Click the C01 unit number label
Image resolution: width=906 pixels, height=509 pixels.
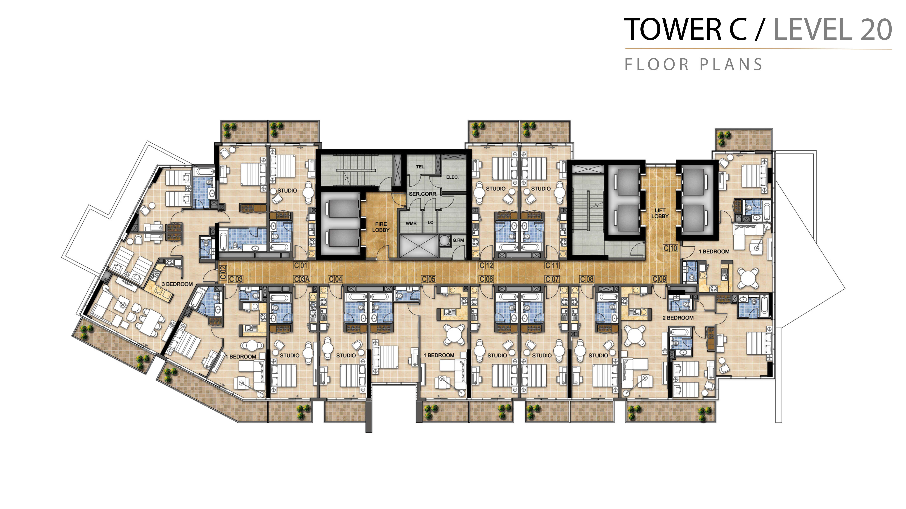pyautogui.click(x=301, y=266)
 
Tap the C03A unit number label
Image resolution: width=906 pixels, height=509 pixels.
pyautogui.click(x=301, y=279)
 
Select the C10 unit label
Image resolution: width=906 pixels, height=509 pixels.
pyautogui.click(x=670, y=248)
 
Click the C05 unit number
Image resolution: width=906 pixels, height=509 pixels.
pyautogui.click(x=428, y=279)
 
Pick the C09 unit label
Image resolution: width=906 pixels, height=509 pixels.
pyautogui.click(x=659, y=279)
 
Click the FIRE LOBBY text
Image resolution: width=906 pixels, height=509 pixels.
pyautogui.click(x=381, y=227)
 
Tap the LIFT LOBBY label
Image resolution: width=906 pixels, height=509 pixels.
pyautogui.click(x=660, y=213)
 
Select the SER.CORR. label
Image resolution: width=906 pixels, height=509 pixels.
pyautogui.click(x=423, y=194)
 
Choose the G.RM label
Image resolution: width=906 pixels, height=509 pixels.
pyautogui.click(x=458, y=240)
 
